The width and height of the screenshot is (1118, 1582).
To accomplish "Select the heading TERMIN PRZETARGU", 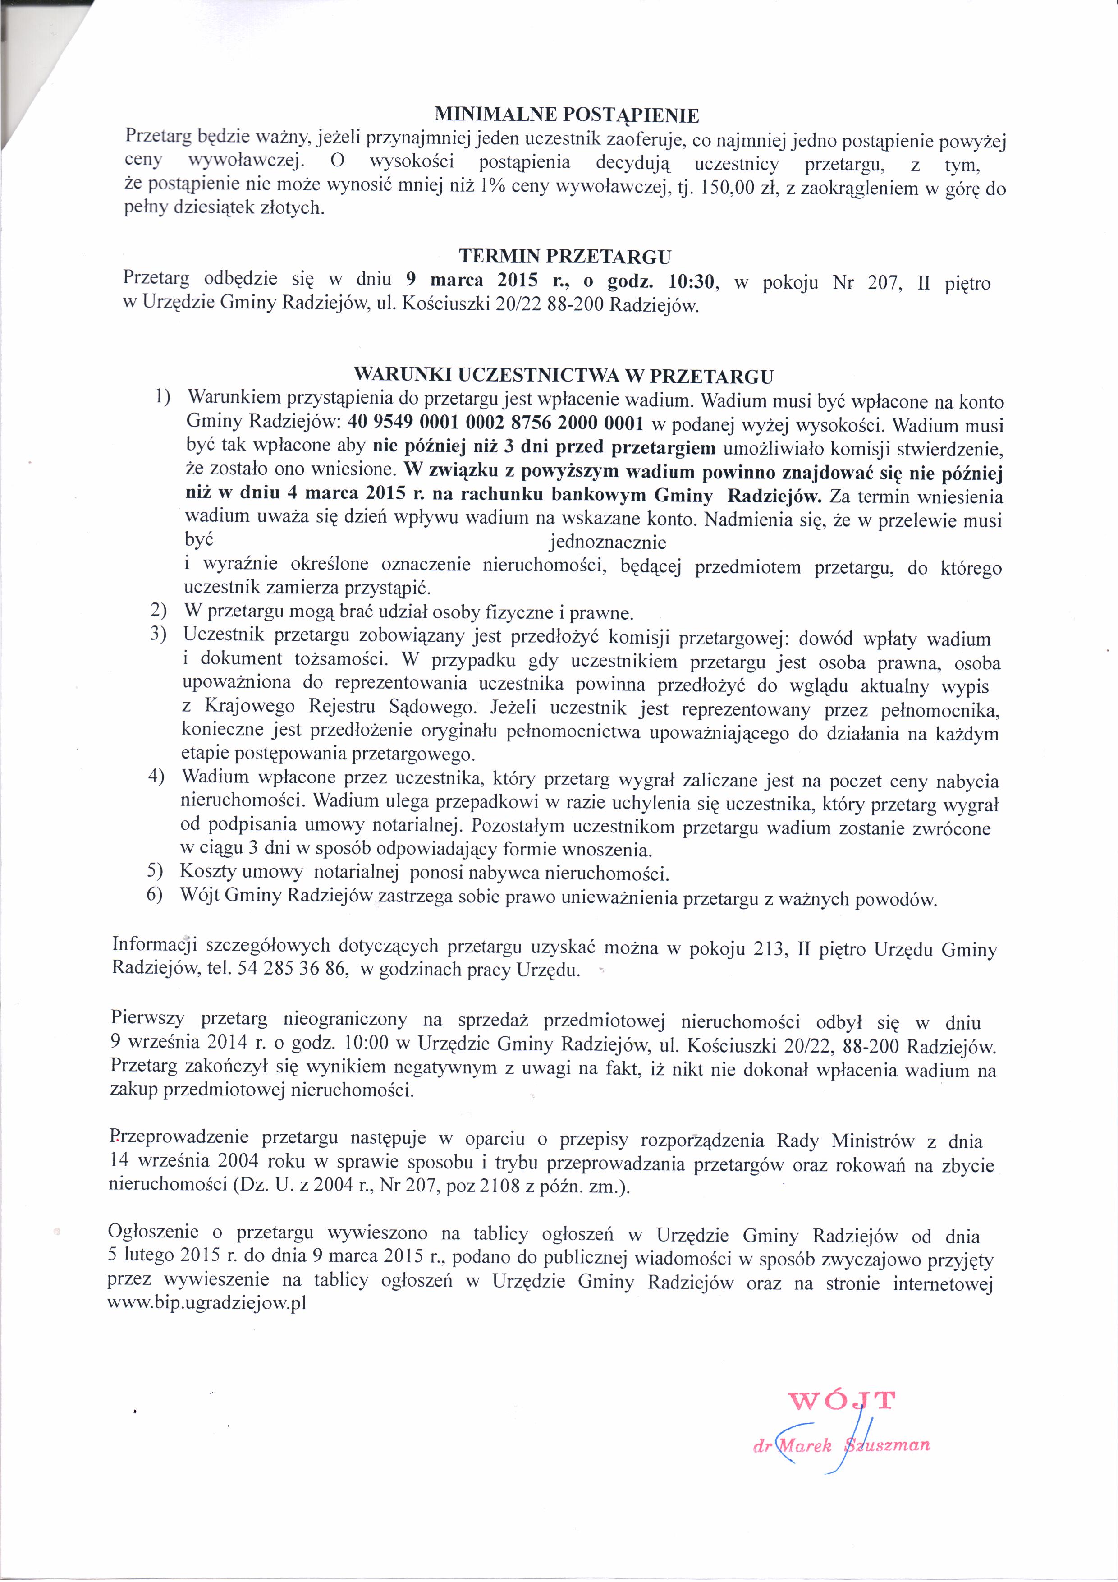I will coord(565,257).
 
